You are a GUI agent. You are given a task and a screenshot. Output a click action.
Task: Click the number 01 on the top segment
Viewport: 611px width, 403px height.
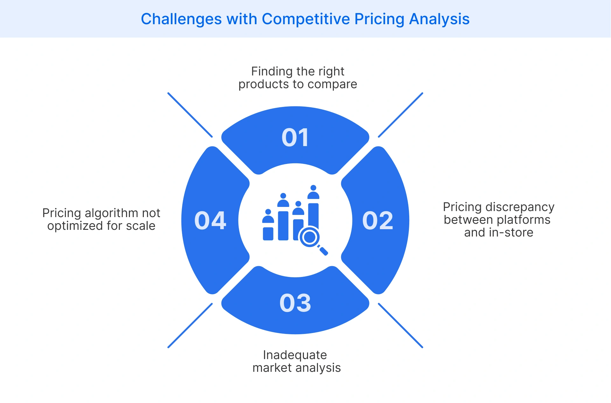295,138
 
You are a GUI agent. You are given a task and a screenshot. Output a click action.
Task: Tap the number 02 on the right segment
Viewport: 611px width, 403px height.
378,220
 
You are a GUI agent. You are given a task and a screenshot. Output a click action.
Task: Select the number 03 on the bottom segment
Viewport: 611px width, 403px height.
295,303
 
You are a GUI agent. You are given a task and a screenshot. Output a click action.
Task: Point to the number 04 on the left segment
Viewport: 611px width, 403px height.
210,220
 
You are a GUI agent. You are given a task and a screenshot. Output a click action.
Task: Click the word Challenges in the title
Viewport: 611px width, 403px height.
181,19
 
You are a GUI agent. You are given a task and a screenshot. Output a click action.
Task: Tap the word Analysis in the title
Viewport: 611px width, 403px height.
439,19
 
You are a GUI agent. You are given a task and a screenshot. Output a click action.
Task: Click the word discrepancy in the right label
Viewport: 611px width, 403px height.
520,207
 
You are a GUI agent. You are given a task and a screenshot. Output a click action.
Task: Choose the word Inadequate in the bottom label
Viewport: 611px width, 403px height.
295,355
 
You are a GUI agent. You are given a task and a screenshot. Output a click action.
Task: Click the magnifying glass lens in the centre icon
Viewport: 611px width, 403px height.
309,237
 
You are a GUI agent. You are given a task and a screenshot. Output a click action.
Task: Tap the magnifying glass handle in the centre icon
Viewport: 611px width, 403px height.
323,251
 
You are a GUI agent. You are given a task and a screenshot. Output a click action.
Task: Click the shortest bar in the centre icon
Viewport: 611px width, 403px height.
268,234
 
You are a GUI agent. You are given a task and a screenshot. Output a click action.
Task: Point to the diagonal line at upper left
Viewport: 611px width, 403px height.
190,115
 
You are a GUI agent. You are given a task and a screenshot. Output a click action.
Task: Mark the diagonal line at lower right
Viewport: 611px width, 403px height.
400,325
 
